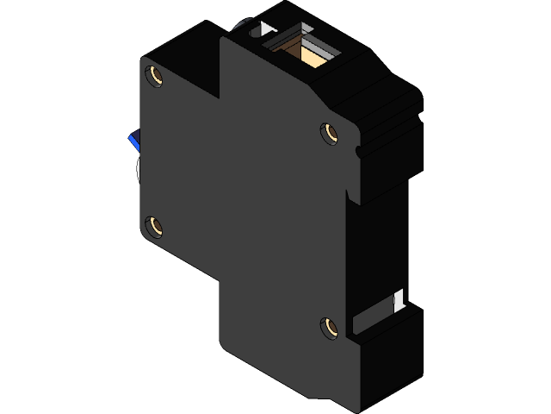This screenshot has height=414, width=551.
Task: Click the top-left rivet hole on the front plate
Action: [x=155, y=76]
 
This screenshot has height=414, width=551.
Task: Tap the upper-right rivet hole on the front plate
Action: [x=328, y=133]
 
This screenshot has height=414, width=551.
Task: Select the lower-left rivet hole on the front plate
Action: [x=155, y=227]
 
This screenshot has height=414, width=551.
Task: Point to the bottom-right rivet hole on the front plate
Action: [x=328, y=327]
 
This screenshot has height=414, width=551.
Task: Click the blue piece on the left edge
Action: [x=133, y=141]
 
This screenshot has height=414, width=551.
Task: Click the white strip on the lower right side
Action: [x=399, y=300]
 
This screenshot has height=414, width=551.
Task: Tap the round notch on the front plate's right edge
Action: [x=356, y=153]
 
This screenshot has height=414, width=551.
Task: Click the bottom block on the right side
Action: [x=392, y=358]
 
